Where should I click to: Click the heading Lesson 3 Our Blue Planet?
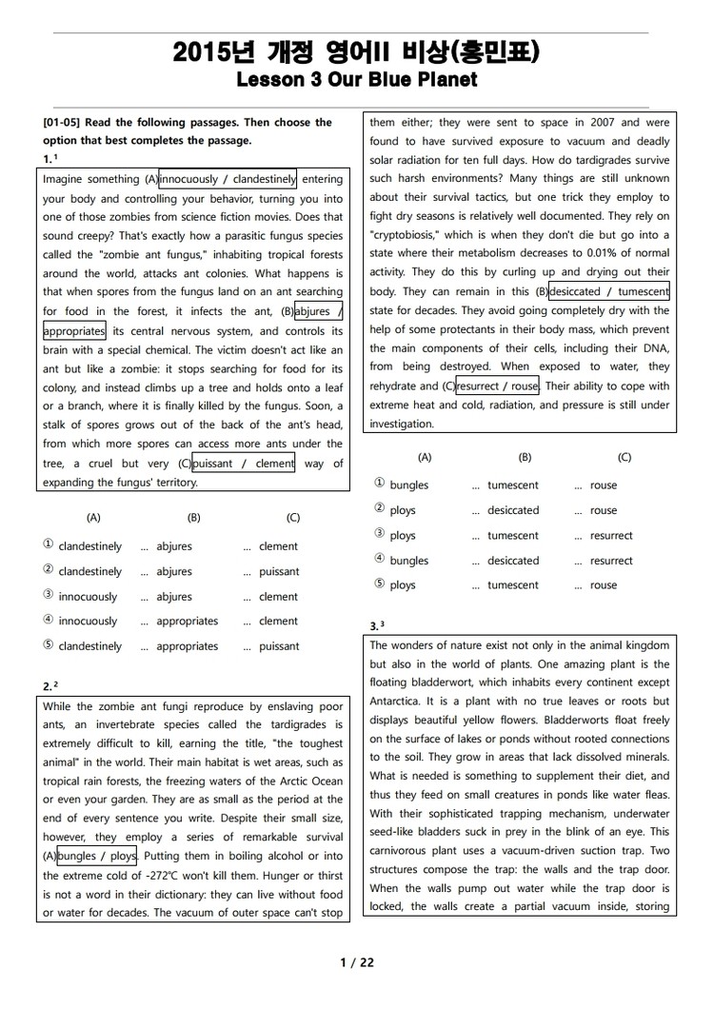[x=357, y=80]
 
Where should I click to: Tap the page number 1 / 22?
[x=357, y=962]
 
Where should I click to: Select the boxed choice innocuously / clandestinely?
[x=228, y=179]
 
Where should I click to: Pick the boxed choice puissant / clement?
[x=244, y=464]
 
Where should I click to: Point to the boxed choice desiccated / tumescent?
[x=609, y=291]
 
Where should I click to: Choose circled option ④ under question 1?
[x=49, y=621]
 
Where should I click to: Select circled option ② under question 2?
[x=380, y=510]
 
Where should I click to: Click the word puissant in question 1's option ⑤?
[x=279, y=646]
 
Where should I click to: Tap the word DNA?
[x=655, y=348]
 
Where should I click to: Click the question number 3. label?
[x=374, y=626]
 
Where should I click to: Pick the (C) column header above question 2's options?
[x=625, y=458]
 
